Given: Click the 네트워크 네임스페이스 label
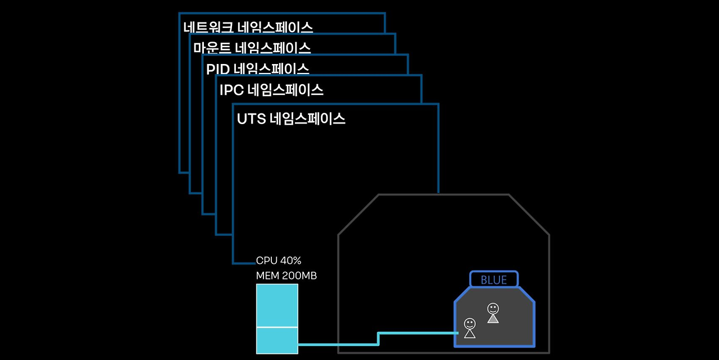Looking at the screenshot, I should click(248, 27).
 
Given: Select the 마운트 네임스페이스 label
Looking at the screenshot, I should click(252, 48).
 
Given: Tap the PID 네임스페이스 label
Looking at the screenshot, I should click(258, 69).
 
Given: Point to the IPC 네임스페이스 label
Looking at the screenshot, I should click(271, 90).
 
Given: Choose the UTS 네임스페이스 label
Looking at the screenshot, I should click(291, 119).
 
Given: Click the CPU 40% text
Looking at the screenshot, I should click(279, 261).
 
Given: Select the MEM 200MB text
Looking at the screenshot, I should click(286, 276).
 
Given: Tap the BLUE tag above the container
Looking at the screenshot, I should click(494, 280).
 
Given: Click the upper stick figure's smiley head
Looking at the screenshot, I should click(493, 308).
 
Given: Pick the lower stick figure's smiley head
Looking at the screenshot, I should click(470, 323).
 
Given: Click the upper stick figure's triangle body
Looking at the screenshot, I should click(493, 319).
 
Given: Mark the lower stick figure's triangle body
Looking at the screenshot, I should click(470, 334).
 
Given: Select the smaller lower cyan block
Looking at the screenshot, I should click(277, 340).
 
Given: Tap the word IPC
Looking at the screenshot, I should click(231, 90).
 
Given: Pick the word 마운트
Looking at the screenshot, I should click(210, 48).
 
